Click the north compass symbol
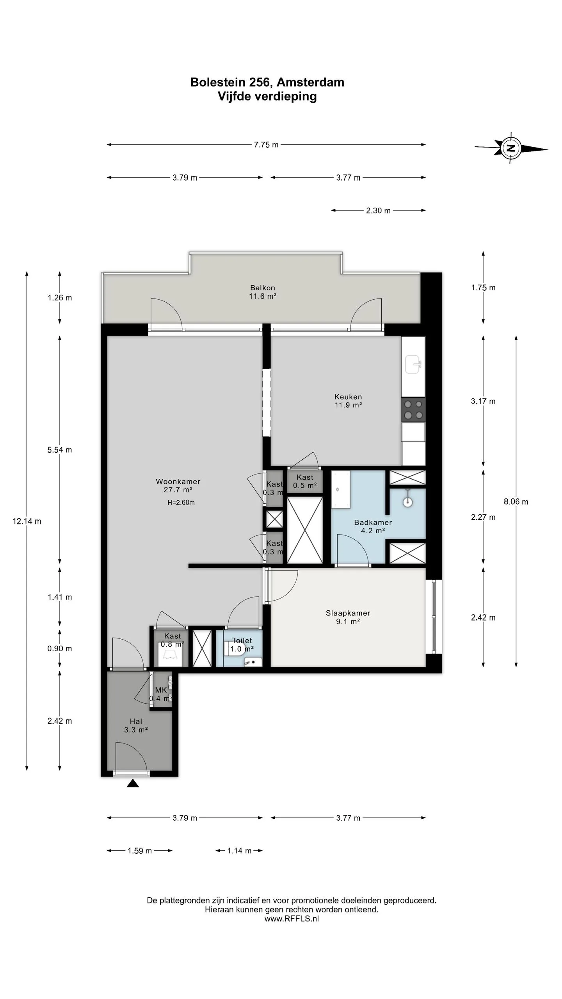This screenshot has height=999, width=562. [511, 148]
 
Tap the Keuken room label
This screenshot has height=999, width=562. [348, 397]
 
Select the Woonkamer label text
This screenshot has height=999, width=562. [178, 482]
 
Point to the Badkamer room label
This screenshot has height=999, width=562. [373, 522]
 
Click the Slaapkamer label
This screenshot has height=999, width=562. [348, 613]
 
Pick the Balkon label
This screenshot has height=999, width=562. [263, 288]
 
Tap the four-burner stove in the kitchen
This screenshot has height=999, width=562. [413, 410]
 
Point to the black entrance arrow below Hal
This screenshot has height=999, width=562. [133, 783]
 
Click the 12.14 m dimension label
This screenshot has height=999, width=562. [27, 521]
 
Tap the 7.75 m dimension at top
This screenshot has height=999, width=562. [266, 145]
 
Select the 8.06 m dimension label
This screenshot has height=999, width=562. [516, 502]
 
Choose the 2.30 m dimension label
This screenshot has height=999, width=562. [378, 211]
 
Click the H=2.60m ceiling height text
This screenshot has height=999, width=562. [181, 503]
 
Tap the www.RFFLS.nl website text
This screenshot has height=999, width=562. [292, 919]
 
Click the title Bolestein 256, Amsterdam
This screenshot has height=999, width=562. [267, 82]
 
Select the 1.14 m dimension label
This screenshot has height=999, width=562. [239, 851]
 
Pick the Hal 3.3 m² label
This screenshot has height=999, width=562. [136, 725]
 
